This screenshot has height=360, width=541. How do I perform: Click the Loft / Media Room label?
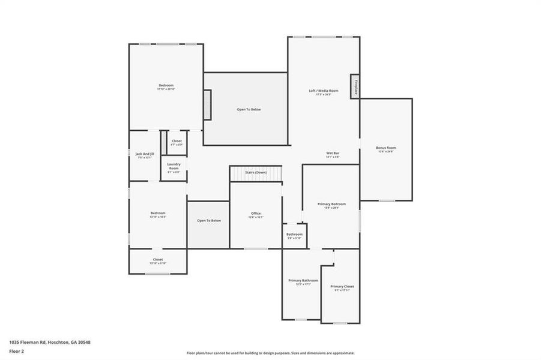pos(324,91)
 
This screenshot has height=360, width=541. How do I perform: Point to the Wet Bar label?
pos(333,154)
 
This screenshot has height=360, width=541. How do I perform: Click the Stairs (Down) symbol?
pos(256,173)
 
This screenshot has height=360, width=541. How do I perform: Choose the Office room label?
pos(256,214)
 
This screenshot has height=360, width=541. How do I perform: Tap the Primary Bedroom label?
pos(331,204)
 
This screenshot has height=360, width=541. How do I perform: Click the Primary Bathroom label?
pos(303,280)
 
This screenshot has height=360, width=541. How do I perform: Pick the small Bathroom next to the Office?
pos(294,235)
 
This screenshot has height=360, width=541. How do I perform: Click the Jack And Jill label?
pos(145,154)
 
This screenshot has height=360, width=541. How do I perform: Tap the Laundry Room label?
pos(174,166)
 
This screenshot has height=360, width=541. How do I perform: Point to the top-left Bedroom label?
pos(166,86)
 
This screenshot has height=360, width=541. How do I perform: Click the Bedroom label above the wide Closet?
pos(157,213)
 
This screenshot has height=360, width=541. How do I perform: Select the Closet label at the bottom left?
pos(157,260)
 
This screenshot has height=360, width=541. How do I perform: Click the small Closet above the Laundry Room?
pos(177,142)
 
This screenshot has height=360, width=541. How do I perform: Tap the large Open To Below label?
pos(249,109)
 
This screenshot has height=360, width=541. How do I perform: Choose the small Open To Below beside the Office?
pos(209,221)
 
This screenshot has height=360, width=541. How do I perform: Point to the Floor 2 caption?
pos(17,352)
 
